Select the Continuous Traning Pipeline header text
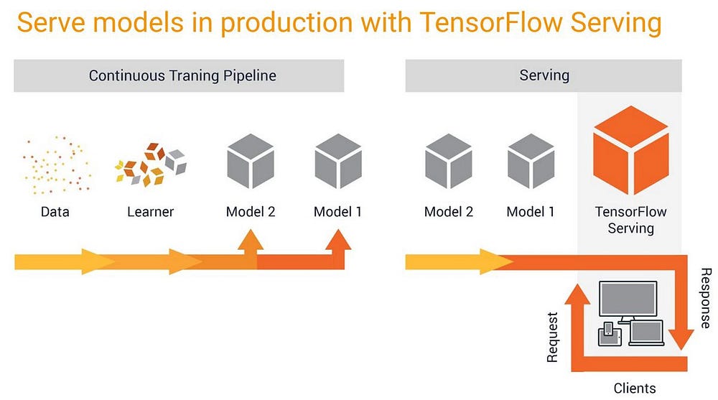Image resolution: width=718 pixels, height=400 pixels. tap(182, 75)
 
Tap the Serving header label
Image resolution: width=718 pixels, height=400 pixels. tap(544, 75)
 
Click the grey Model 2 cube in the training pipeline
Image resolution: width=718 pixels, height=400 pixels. tap(251, 161)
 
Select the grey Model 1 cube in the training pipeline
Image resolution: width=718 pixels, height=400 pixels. tap(337, 161)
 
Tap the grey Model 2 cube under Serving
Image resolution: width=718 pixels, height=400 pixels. tap(449, 161)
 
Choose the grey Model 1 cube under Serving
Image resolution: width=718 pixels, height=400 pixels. tap(531, 161)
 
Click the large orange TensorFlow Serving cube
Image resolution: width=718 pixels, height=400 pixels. tap(630, 151)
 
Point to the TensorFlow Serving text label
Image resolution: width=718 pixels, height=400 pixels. tap(631, 220)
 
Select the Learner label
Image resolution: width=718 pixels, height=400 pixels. tap(151, 212)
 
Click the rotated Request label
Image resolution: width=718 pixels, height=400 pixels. tap(553, 336)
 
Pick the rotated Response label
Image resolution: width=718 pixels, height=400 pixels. tap(705, 297)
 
